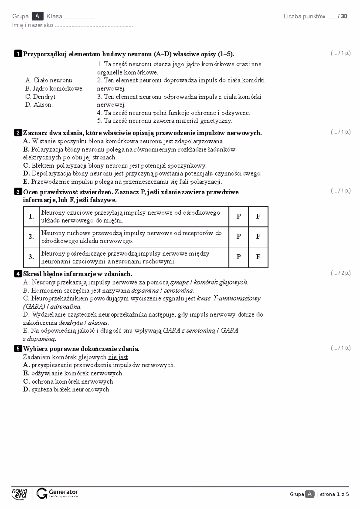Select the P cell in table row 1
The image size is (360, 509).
[x=238, y=216]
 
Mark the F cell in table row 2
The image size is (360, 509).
[x=258, y=237]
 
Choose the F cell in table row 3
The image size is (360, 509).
[x=258, y=257]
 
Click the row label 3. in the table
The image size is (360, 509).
[x=31, y=257]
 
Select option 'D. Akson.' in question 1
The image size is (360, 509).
[x=39, y=105]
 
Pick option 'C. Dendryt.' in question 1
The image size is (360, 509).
[x=41, y=97]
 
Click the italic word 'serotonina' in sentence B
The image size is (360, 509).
[x=179, y=290]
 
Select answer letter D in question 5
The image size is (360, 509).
[x=26, y=390]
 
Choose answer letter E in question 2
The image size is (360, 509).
[x=26, y=182]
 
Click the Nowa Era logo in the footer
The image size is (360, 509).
[x=19, y=493]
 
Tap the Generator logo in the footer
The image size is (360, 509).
[x=57, y=493]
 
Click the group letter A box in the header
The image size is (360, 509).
[x=37, y=16]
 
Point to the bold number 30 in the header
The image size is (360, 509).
[x=344, y=16]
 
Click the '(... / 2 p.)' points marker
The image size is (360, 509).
[x=340, y=273]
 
